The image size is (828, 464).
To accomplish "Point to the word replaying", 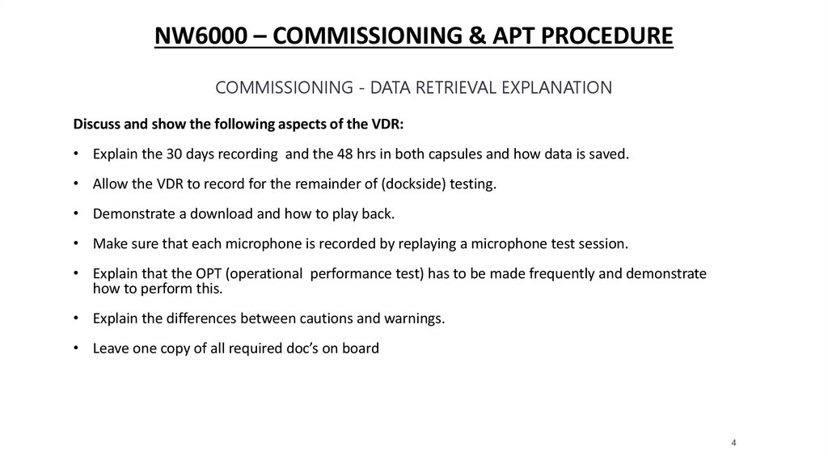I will click(427, 243).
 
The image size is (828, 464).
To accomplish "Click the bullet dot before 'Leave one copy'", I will click(75, 348).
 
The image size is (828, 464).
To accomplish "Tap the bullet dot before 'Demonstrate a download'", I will click(75, 213).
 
